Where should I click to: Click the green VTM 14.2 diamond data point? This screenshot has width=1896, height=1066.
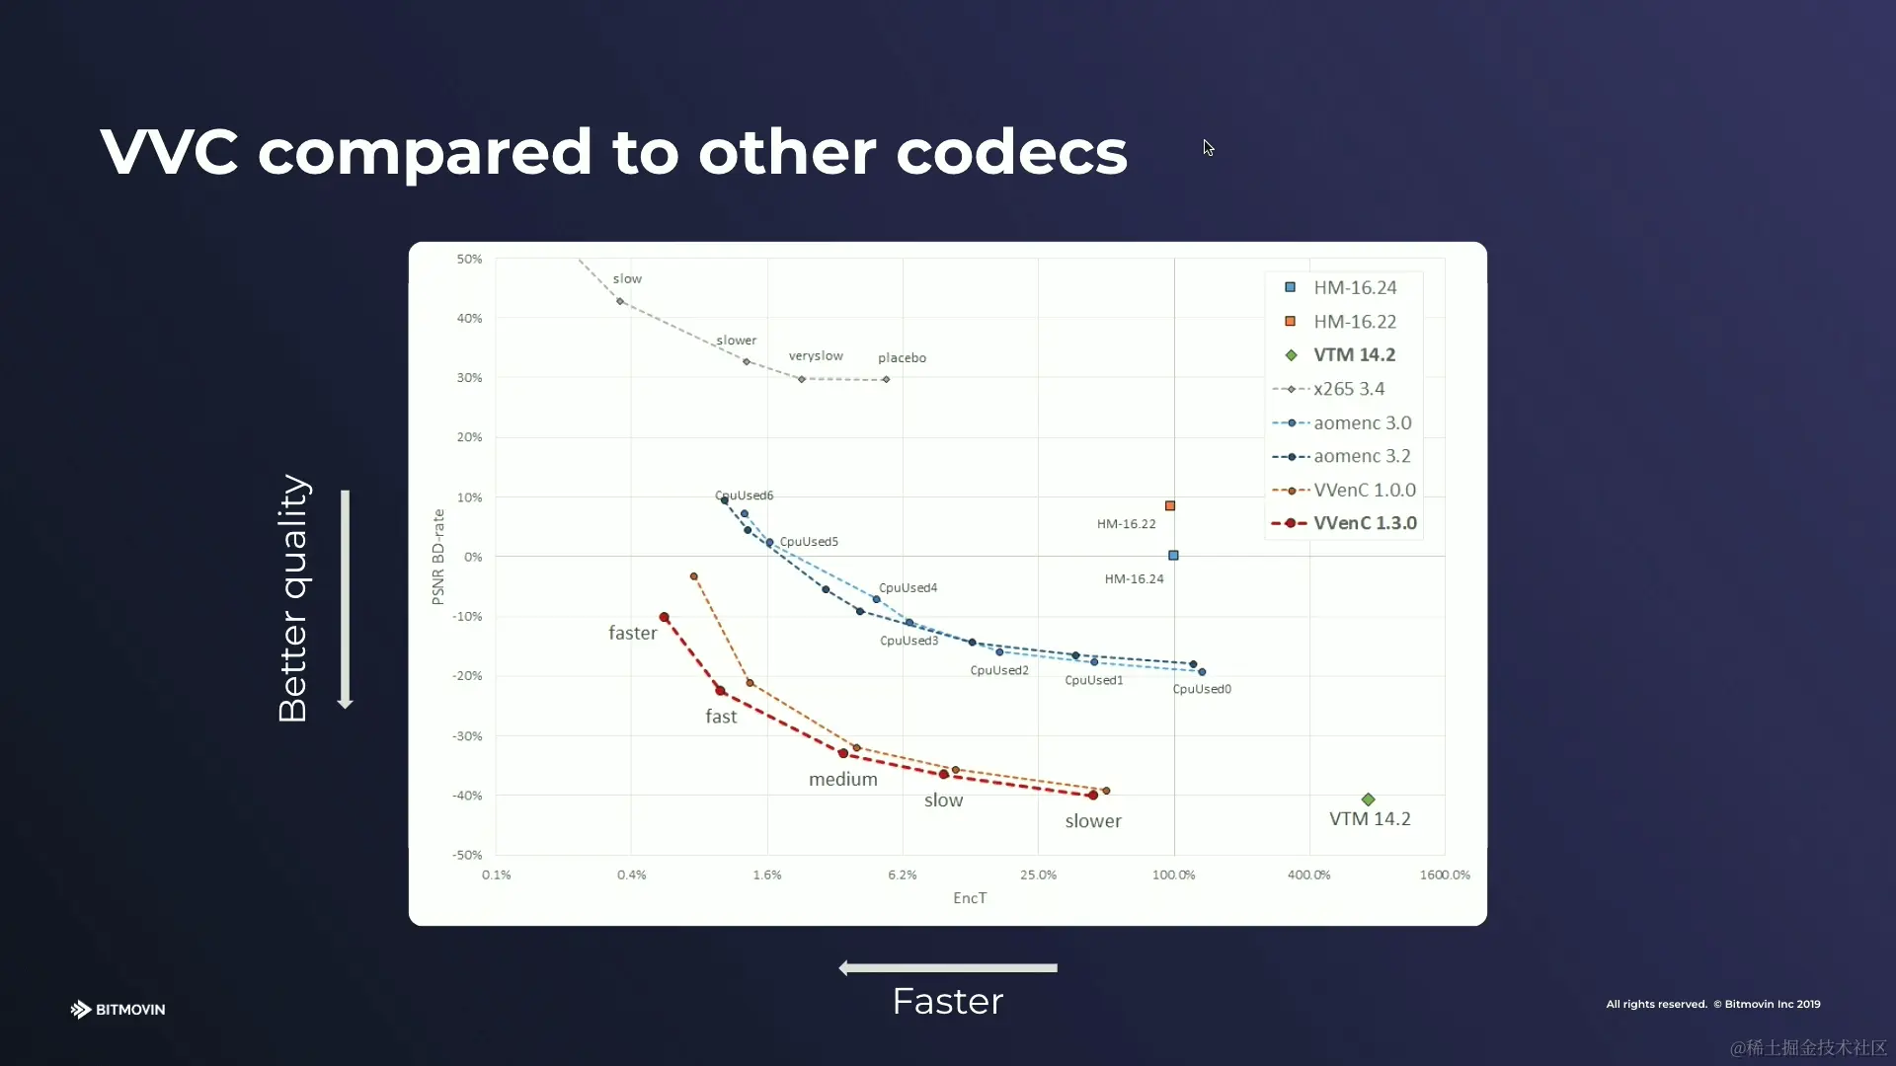(x=1368, y=799)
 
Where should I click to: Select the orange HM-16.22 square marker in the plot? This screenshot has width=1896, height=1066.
(x=1170, y=506)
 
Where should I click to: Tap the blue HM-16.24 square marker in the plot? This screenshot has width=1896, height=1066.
(x=1173, y=556)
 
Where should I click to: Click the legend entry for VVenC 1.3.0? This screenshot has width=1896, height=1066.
(x=1364, y=523)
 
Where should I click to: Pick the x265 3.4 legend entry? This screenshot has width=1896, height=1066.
(x=1348, y=389)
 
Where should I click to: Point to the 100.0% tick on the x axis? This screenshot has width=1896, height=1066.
(x=1173, y=876)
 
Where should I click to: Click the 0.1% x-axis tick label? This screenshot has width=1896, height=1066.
(x=497, y=876)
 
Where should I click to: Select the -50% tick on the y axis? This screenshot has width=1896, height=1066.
(x=468, y=855)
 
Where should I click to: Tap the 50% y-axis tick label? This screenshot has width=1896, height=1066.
(x=470, y=260)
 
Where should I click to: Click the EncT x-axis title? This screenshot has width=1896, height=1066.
(x=970, y=898)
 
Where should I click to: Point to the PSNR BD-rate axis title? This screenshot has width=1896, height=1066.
(x=438, y=557)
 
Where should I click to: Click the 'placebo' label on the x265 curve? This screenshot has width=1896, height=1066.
(x=902, y=358)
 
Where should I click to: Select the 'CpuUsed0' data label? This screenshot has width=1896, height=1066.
(x=1202, y=689)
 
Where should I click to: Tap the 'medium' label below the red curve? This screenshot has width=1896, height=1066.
(x=842, y=780)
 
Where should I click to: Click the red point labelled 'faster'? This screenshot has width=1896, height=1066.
(x=664, y=618)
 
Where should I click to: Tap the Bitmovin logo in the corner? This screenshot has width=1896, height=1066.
(x=118, y=1009)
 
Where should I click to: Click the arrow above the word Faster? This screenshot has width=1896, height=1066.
(x=948, y=968)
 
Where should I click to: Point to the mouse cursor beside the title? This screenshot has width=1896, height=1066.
(x=1208, y=148)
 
